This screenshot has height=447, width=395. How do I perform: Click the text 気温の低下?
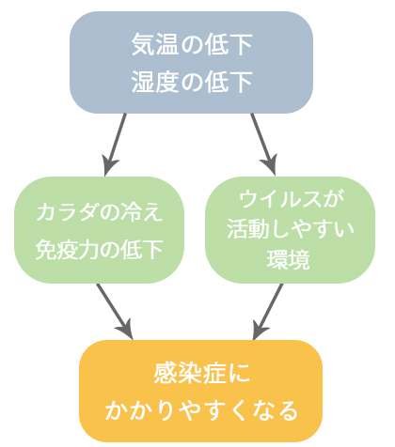[x=192, y=44]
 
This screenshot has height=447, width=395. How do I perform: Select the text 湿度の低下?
[x=192, y=82]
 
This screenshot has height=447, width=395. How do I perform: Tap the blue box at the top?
[x=191, y=62]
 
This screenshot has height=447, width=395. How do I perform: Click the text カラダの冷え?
[x=100, y=212]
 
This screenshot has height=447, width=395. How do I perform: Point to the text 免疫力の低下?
[x=100, y=250]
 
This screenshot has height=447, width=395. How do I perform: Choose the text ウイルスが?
[x=291, y=199]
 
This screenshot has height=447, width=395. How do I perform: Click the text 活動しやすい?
[x=291, y=229]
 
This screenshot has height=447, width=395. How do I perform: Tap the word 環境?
[x=289, y=259]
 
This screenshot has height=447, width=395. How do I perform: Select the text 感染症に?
[x=201, y=373]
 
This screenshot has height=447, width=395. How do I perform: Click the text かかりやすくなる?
[x=201, y=410]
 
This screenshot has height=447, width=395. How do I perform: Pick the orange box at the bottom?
[x=201, y=391]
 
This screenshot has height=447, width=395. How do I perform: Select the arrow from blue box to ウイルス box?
[x=263, y=145]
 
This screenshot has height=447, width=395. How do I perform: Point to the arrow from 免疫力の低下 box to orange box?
[x=115, y=312]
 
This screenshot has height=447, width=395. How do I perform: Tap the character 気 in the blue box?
[x=143, y=44]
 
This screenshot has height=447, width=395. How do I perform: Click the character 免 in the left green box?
[x=46, y=250]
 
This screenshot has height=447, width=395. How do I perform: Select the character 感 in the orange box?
[x=165, y=373]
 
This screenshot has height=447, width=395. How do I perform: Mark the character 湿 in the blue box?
[x=143, y=82]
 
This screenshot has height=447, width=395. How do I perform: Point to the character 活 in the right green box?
[x=238, y=229]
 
